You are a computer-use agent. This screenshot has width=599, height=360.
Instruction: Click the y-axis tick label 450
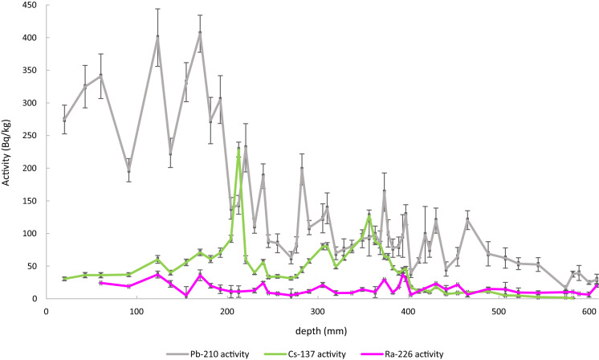pyautogui.click(x=29, y=5)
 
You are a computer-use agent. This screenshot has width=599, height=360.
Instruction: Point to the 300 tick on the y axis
pyautogui.click(x=29, y=103)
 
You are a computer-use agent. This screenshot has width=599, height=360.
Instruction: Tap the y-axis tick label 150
pyautogui.click(x=29, y=201)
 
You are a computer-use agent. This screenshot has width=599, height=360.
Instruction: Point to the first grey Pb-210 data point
pyautogui.click(x=64, y=119)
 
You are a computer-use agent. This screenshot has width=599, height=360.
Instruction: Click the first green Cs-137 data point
pyautogui.click(x=64, y=279)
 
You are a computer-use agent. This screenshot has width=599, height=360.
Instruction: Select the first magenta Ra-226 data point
pyautogui.click(x=100, y=283)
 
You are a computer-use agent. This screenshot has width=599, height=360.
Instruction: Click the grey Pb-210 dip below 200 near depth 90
pyautogui.click(x=128, y=170)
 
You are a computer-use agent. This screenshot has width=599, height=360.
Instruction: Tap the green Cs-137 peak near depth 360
pyautogui.click(x=369, y=216)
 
